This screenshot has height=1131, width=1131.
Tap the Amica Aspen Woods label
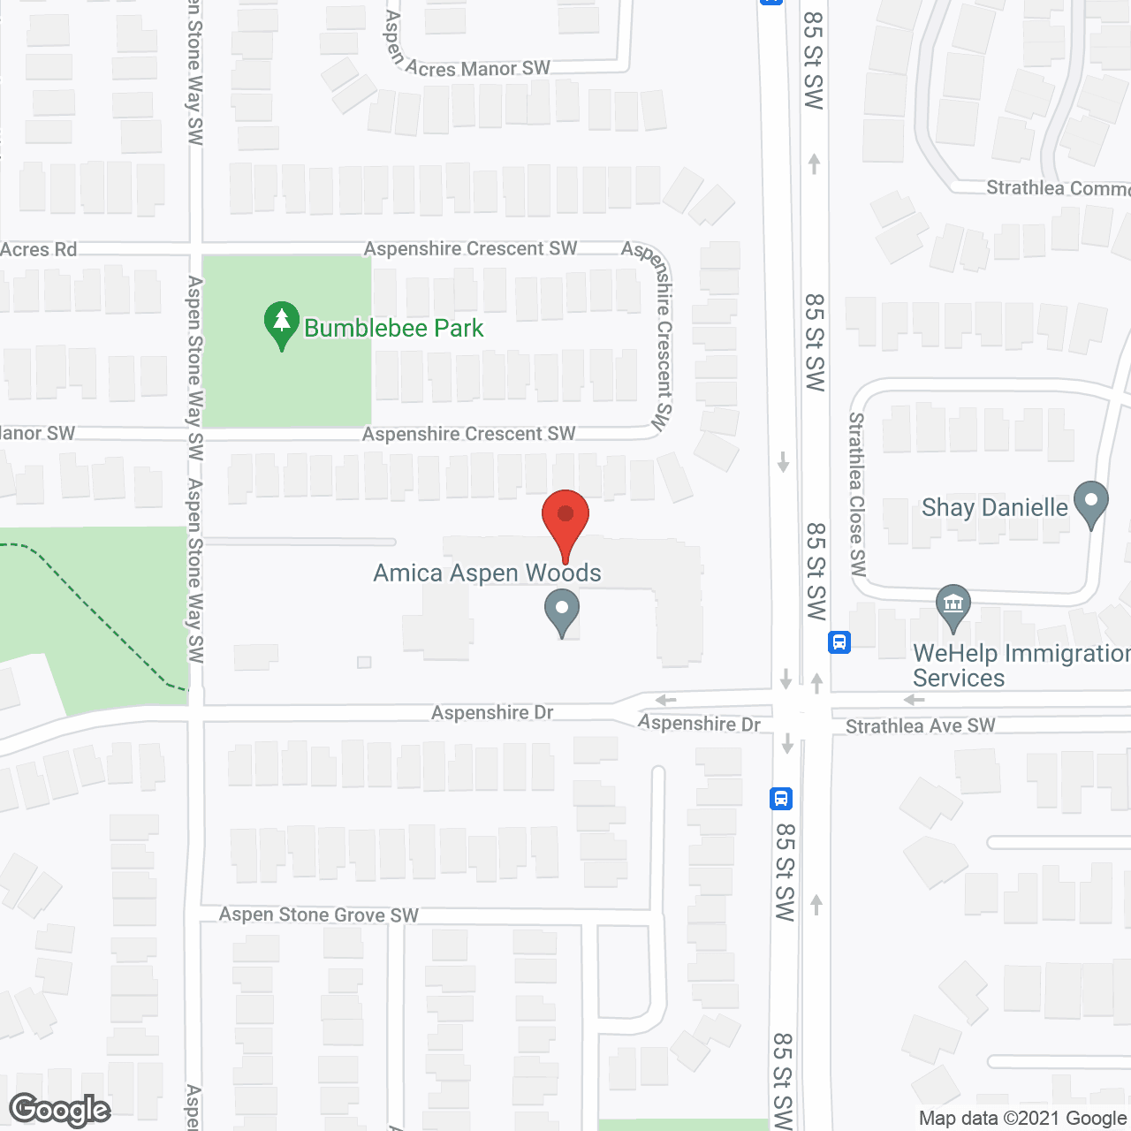point(487,573)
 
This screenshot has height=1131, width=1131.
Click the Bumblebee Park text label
point(393,329)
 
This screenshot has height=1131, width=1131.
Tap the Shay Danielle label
point(994,507)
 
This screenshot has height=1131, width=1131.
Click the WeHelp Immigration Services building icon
point(953,606)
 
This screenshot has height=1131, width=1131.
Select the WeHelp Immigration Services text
point(1021,665)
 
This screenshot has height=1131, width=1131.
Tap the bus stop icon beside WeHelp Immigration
point(839,642)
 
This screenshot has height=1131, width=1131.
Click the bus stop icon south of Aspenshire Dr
point(781,799)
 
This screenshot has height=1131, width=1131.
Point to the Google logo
point(60,1110)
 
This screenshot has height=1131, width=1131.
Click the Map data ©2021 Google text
point(1022,1119)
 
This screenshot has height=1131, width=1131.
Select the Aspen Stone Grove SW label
point(319,915)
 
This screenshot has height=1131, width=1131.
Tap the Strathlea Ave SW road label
point(920,726)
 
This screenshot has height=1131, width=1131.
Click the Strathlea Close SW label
point(857,494)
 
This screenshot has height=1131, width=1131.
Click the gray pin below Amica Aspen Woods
point(562,612)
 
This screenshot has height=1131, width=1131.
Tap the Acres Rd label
point(39,250)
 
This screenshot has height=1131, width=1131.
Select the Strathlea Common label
point(1058,188)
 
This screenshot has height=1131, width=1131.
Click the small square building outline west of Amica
point(364,662)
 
